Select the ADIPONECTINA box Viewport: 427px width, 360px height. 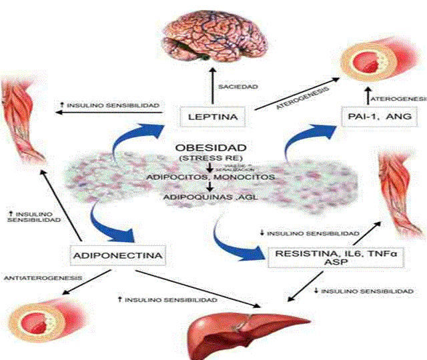117,255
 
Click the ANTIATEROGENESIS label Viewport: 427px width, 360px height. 43,277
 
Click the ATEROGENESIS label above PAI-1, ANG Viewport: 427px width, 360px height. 398,99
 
